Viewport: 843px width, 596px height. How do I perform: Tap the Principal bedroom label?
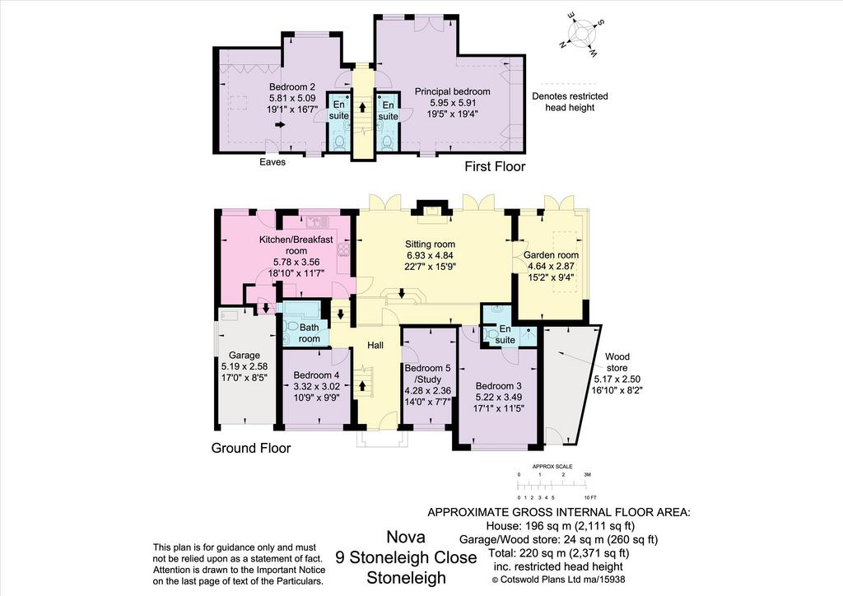coord(453,102)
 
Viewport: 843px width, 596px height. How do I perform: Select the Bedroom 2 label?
coord(292,97)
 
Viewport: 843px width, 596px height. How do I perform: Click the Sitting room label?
coord(430,254)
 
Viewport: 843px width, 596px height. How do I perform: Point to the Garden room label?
coord(551,266)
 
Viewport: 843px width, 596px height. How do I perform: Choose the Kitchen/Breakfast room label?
coord(296,256)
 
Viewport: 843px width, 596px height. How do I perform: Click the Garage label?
coord(244,366)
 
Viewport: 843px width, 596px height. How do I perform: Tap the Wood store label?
coord(617,374)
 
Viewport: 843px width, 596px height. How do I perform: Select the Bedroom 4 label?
coord(317,386)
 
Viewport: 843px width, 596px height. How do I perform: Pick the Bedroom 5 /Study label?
coord(427,384)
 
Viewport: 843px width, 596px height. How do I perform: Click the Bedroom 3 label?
coord(498,397)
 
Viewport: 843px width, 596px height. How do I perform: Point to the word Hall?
coord(375,345)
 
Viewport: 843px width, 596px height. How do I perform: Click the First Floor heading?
coord(495,166)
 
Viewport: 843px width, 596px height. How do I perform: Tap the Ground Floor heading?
coord(250,448)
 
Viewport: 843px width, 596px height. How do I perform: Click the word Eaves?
coord(272,162)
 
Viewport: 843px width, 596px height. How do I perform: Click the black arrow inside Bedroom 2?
coord(280,124)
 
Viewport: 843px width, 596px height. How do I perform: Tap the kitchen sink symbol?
coord(316,221)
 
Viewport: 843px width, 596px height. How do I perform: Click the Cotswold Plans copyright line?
coord(559,580)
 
